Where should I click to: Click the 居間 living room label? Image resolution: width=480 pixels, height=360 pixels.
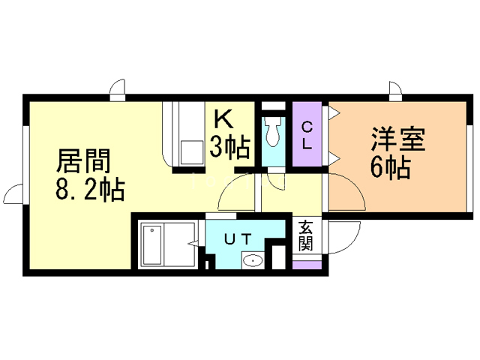tap(83, 161)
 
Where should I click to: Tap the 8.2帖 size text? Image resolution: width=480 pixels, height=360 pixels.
tap(90, 190)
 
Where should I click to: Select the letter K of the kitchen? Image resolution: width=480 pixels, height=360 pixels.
tap(223, 119)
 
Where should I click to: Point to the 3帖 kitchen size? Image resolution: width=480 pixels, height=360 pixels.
tap(229, 147)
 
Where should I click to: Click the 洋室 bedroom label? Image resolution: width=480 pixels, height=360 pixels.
tap(398, 139)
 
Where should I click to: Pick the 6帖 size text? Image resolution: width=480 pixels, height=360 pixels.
tap(390, 167)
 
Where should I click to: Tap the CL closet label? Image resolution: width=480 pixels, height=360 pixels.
tap(307, 135)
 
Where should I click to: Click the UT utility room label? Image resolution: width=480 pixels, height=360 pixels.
tap(238, 238)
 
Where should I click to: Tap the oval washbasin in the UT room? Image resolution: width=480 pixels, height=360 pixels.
tap(253, 261)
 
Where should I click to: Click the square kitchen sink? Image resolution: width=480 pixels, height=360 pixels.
tap(192, 152)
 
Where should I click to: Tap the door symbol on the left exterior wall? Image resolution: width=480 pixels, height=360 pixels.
tap(13, 193)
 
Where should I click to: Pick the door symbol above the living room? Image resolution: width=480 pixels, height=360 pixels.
tap(118, 89)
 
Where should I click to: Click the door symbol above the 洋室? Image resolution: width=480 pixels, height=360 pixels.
tap(395, 91)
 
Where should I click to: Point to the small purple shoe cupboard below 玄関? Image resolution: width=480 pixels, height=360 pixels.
tap(307, 265)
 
